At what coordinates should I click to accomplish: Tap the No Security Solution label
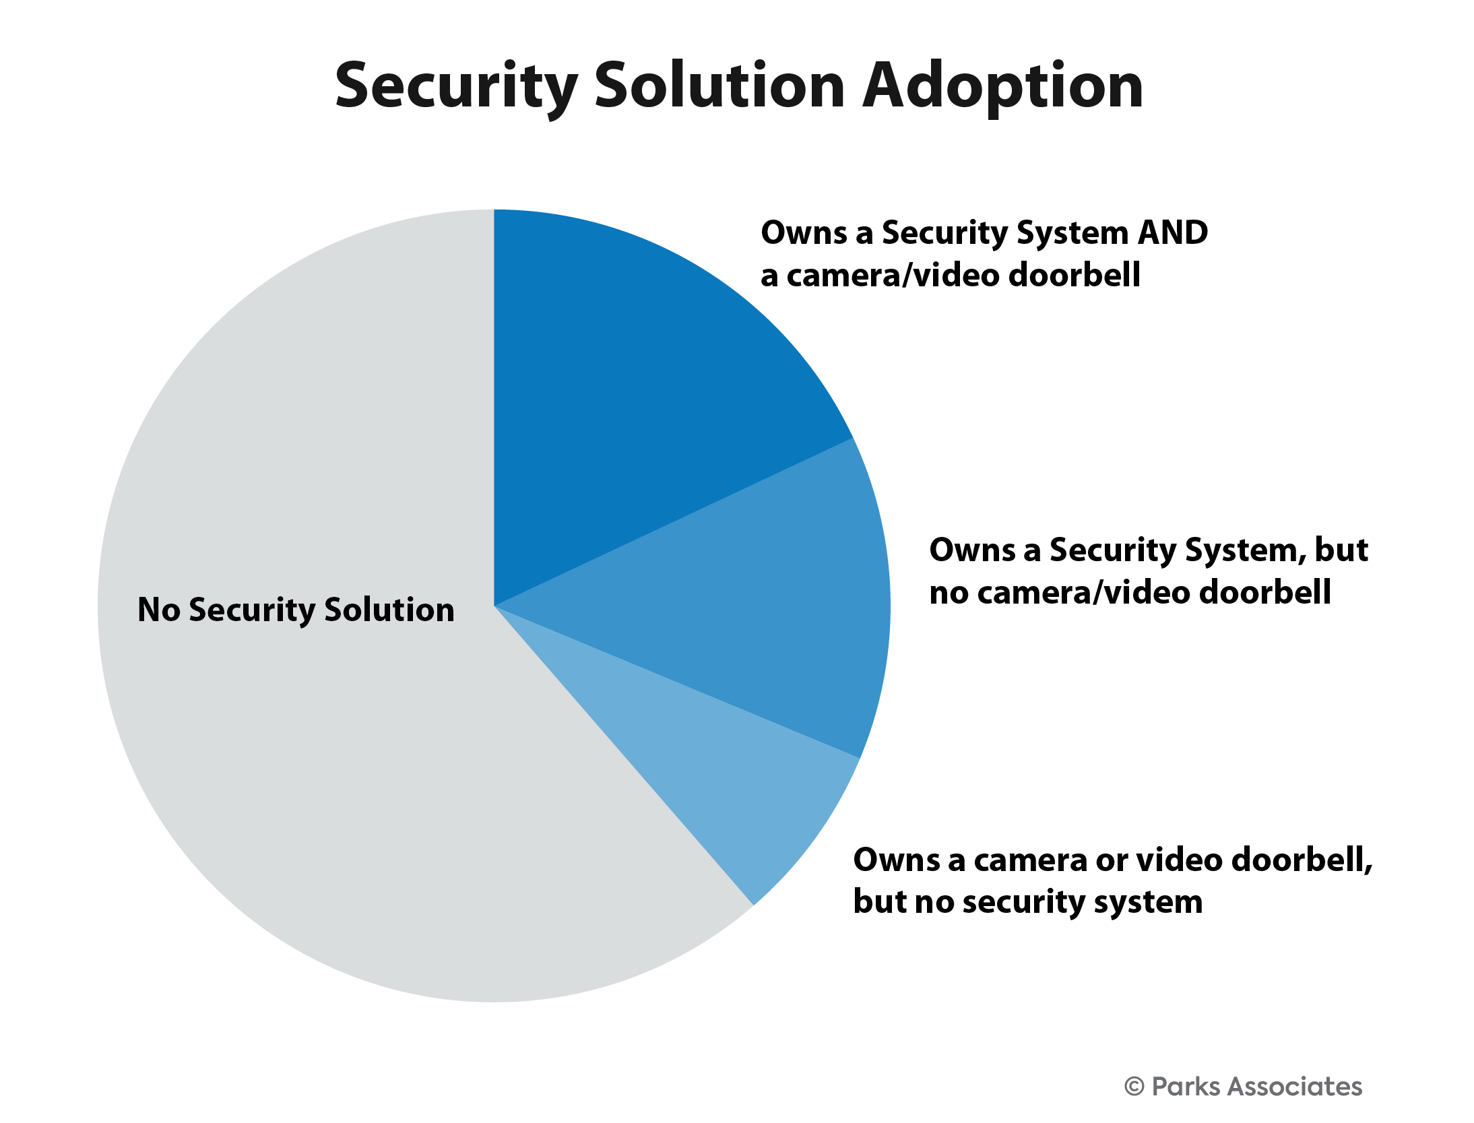coord(296,610)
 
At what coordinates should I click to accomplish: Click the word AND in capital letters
coord(1172,233)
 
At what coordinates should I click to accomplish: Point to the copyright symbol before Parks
coord(1134,1087)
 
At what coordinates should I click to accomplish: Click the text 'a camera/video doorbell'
coord(951,276)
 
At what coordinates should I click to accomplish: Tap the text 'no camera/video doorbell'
coord(1130,593)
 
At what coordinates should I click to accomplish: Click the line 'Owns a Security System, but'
coord(1149,551)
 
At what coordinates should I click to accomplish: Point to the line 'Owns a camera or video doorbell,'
coord(1113,861)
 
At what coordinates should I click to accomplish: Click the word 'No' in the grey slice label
coord(159,610)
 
